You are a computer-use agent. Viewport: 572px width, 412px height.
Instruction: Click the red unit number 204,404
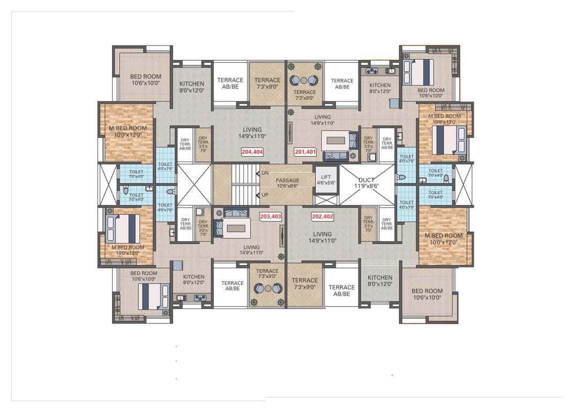coord(252,152)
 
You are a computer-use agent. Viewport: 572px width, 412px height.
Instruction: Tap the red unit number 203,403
coord(270,217)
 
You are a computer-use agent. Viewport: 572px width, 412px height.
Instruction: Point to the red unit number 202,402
coord(323,217)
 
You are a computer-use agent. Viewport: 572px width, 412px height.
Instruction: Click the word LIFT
coord(326,177)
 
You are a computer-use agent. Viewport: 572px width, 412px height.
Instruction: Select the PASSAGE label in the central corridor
coord(287,180)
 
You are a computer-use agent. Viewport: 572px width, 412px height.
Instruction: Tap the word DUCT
coord(366,180)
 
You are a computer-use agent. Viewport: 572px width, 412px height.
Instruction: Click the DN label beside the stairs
coord(265,173)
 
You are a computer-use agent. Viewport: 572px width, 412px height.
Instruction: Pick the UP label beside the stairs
coord(265,195)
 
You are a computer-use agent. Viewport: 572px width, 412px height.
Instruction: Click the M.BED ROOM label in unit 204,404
coord(128,128)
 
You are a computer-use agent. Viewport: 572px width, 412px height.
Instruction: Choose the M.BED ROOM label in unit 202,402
coord(443,236)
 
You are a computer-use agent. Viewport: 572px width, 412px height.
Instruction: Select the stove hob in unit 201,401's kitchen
coord(372,71)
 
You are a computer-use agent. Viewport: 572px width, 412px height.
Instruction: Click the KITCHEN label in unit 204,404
coord(191,84)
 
